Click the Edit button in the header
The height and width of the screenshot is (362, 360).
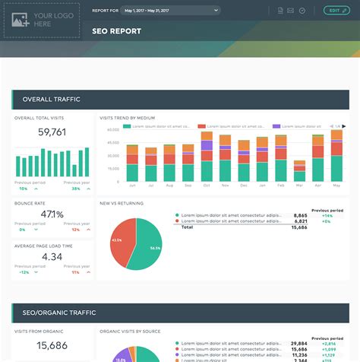click(334, 11)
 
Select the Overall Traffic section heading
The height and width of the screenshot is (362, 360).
click(52, 100)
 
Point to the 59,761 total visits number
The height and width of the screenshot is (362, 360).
click(52, 132)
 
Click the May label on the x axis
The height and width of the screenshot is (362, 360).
click(336, 186)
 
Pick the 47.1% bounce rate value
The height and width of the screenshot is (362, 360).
click(52, 214)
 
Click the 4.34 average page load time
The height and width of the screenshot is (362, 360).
click(52, 256)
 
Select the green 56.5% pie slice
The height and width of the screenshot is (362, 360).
click(147, 247)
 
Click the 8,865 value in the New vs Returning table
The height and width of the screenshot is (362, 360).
click(300, 215)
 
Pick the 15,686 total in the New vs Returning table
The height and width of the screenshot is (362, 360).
click(298, 227)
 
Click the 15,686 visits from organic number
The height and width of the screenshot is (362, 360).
click(52, 345)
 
